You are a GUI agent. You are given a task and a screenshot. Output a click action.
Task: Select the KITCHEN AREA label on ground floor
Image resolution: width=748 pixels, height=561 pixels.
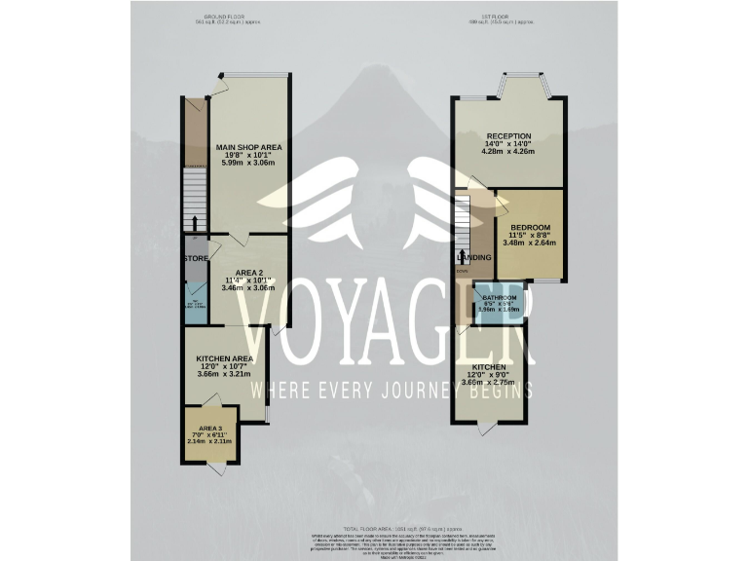pos(224,358)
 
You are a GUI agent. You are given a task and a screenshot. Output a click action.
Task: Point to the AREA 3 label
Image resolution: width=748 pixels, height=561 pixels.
pos(211,429)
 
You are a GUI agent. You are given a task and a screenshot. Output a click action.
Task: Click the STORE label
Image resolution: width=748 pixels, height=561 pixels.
pos(196,258)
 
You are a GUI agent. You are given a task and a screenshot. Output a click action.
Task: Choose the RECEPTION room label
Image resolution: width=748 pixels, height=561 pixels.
pos(508,135)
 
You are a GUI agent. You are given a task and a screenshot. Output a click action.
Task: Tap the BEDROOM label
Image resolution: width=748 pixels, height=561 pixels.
pos(530,228)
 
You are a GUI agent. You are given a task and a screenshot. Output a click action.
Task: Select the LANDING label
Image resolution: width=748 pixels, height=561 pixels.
pos(477,257)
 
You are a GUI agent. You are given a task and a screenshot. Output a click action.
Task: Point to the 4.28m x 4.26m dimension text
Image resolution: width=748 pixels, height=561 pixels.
pos(508,152)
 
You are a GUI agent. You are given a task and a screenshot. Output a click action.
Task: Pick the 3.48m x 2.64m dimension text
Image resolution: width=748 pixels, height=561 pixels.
pos(530,243)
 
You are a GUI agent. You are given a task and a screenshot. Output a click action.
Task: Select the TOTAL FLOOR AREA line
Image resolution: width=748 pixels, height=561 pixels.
pos(374,526)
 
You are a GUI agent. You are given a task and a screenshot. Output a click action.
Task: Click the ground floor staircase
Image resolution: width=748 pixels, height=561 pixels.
pos(196,200)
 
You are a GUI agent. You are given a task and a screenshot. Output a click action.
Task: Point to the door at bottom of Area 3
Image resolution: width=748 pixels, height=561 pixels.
pos(220,470)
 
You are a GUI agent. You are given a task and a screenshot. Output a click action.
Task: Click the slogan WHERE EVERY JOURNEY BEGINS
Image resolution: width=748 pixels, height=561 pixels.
pos(392,391)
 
